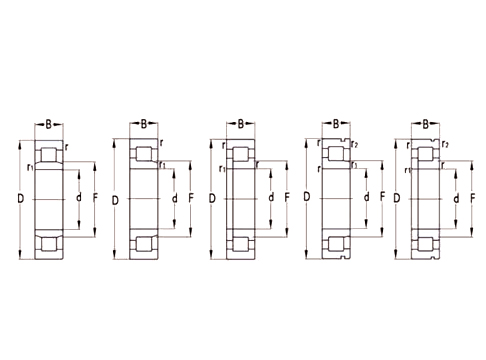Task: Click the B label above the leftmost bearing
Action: [x=49, y=124]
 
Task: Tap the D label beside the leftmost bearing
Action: [x=19, y=204]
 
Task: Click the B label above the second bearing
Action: [x=145, y=124]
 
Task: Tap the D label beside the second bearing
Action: [x=116, y=203]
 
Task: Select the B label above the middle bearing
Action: [x=241, y=124]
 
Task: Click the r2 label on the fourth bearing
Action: [x=354, y=145]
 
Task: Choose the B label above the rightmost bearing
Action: [x=426, y=124]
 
